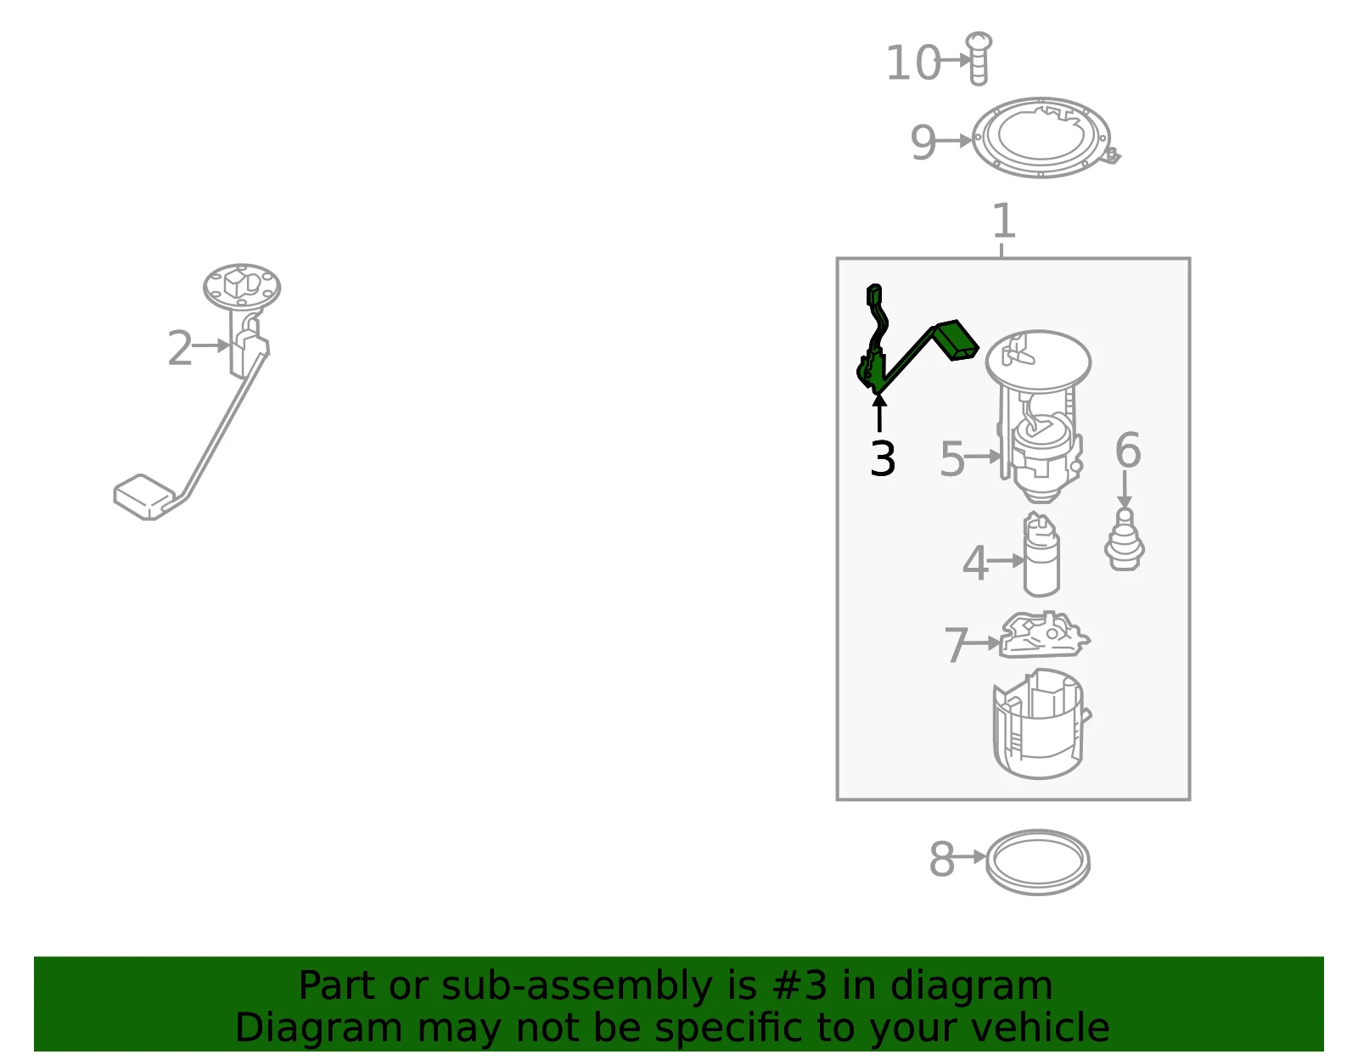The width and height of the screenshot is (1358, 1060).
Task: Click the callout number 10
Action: pyautogui.click(x=913, y=63)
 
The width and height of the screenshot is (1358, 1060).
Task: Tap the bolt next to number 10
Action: pyautogui.click(x=978, y=58)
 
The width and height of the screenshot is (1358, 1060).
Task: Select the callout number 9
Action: pyautogui.click(x=923, y=143)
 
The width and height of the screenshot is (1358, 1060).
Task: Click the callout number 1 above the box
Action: pyautogui.click(x=1004, y=221)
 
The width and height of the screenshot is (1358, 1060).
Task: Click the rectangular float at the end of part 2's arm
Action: pyautogui.click(x=143, y=497)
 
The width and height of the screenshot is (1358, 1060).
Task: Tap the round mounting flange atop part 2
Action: pyautogui.click(x=242, y=288)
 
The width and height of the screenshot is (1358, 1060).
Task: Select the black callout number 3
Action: pyautogui.click(x=883, y=459)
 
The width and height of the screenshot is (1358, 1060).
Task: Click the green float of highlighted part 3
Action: pyautogui.click(x=957, y=340)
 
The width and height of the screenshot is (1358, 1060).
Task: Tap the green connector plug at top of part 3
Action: pyautogui.click(x=874, y=294)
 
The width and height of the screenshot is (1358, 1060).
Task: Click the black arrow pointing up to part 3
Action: pyautogui.click(x=879, y=412)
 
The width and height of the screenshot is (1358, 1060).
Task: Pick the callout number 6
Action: pyautogui.click(x=1128, y=450)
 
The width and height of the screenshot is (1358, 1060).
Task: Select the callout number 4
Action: pyautogui.click(x=975, y=564)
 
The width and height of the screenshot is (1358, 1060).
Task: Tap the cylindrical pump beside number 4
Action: pyautogui.click(x=1041, y=554)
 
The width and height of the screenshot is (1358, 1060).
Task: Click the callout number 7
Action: pyautogui.click(x=957, y=645)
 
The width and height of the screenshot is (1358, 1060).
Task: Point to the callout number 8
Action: pyautogui.click(x=942, y=860)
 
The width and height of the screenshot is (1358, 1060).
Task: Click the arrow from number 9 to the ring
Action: pyautogui.click(x=954, y=141)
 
